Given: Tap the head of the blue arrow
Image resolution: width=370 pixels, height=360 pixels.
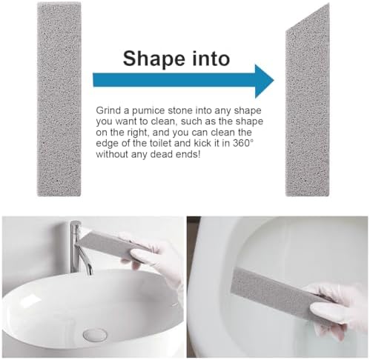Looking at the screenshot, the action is point(264,81).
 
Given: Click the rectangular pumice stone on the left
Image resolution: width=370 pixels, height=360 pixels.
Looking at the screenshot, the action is point(59,99).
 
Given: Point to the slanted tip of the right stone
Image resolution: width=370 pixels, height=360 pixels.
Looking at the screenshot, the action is point(328,4).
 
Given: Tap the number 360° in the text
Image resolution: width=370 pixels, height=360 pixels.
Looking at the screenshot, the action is point(242,143).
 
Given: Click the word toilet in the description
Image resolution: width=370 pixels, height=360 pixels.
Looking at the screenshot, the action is point(162,143).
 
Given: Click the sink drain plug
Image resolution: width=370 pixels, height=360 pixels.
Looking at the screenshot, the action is point(95,335).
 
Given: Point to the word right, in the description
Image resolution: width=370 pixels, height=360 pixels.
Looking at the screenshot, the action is point(139,133).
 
